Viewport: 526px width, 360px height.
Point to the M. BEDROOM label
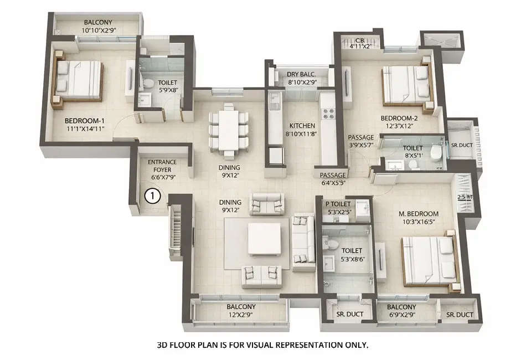click(x=420, y=214)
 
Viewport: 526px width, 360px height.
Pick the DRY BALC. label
click(x=301, y=75)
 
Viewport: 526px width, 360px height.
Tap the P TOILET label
click(x=338, y=204)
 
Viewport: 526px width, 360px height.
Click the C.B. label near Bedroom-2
click(x=360, y=39)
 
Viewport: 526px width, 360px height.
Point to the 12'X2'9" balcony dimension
click(x=240, y=315)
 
